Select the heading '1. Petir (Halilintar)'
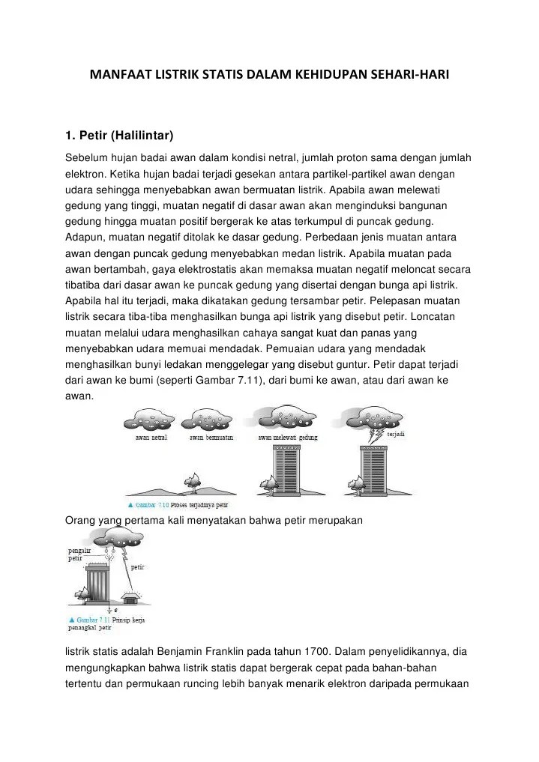[x=120, y=136]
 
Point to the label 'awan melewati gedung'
[x=288, y=437]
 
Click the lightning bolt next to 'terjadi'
[x=376, y=435]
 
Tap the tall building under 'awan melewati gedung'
[x=286, y=468]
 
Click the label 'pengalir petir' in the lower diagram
[x=76, y=553]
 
